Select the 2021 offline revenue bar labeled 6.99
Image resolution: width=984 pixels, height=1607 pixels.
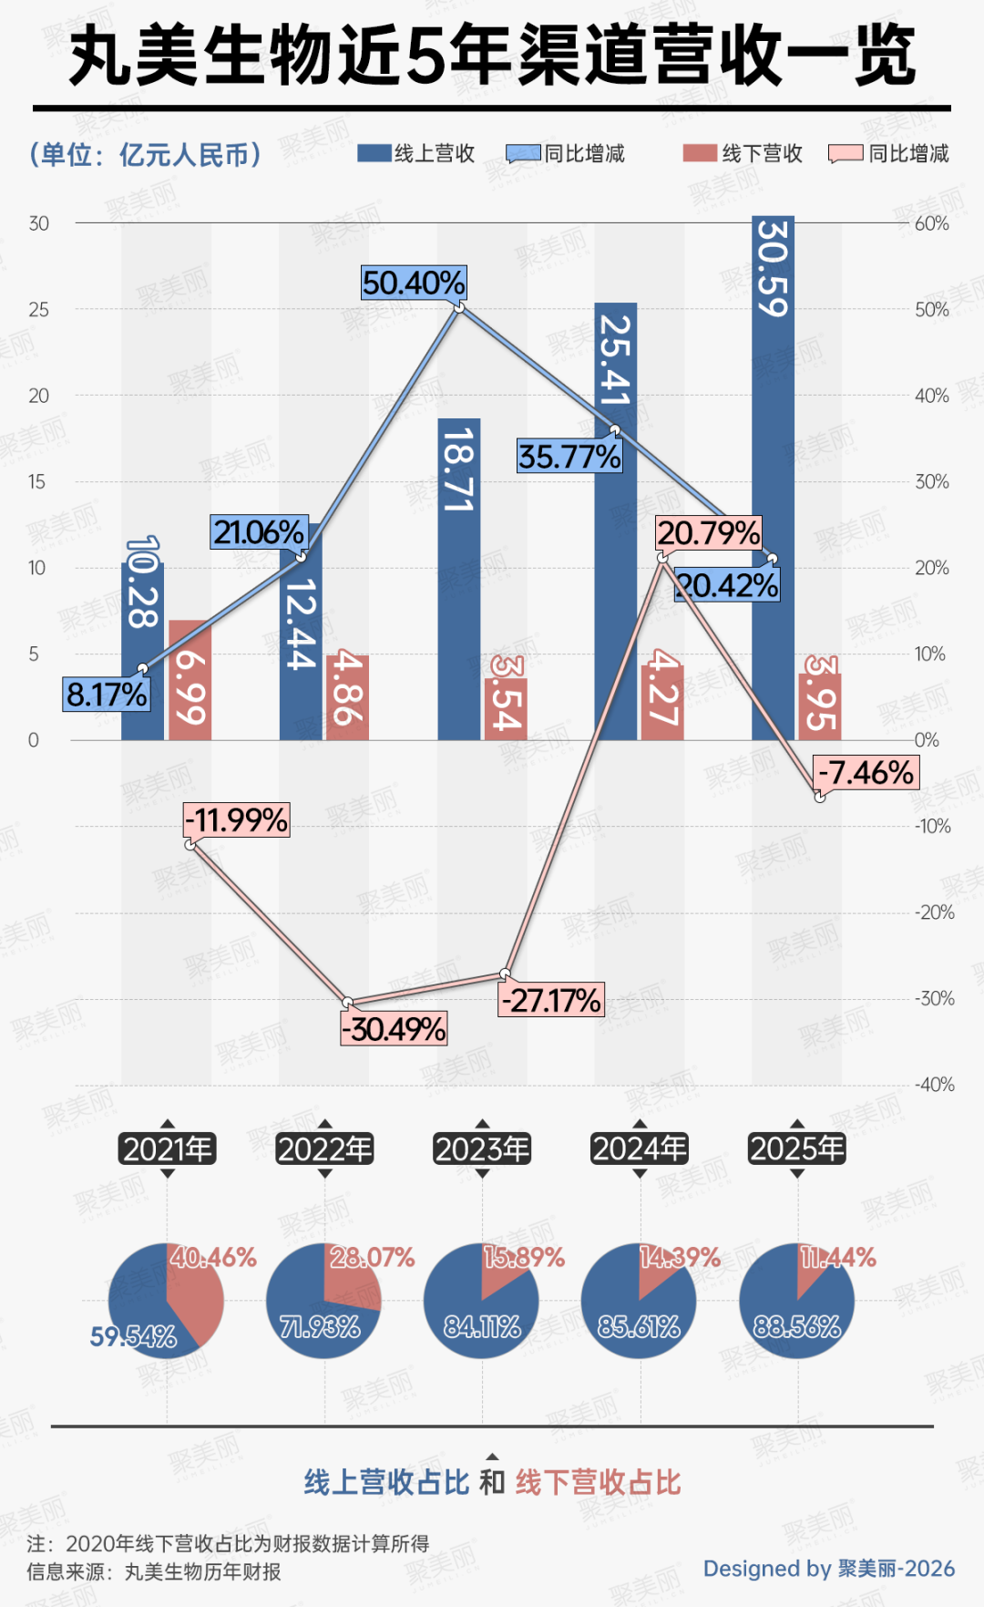click(x=190, y=680)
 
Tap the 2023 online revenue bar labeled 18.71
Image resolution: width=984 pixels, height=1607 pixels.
click(x=458, y=579)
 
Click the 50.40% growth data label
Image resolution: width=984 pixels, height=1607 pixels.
click(x=414, y=283)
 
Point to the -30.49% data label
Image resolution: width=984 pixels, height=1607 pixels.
click(x=394, y=1029)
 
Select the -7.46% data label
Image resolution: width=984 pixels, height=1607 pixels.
click(x=866, y=773)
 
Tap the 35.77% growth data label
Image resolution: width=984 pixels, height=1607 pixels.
click(x=569, y=456)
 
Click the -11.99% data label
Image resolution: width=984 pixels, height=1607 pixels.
click(x=237, y=820)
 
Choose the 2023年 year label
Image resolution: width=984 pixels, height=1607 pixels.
click(x=483, y=1149)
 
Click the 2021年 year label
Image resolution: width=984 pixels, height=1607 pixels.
click(x=167, y=1149)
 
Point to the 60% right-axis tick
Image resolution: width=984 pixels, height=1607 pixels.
click(x=931, y=223)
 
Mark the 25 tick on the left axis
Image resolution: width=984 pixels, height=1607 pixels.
click(x=38, y=310)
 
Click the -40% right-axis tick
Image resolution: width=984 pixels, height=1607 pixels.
click(x=935, y=1085)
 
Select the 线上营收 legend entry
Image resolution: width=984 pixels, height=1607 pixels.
click(x=417, y=153)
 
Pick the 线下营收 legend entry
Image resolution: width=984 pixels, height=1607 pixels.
click(x=743, y=153)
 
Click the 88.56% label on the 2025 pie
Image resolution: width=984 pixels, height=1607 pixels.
click(x=796, y=1326)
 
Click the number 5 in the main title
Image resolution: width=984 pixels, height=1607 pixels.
click(x=425, y=57)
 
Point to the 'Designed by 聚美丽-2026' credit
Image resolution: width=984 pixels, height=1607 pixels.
click(x=828, y=1568)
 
